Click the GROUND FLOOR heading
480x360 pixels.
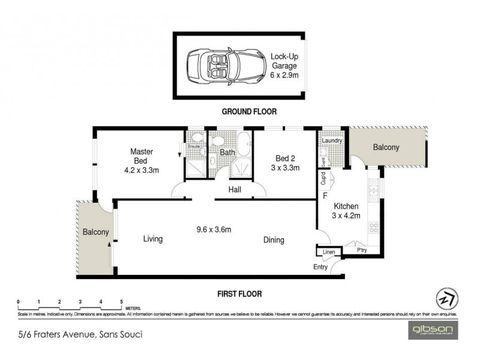tap(249, 112)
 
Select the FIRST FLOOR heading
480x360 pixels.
tap(239, 294)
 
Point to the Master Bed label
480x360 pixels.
tap(142, 161)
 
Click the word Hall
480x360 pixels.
tap(235, 190)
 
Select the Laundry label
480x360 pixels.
tap(332, 141)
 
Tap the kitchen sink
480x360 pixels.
tap(374, 191)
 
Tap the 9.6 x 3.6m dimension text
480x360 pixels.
tap(214, 229)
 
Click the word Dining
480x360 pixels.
tap(274, 240)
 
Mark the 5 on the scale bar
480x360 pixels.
tap(122, 301)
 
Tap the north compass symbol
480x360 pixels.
tap(444, 298)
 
